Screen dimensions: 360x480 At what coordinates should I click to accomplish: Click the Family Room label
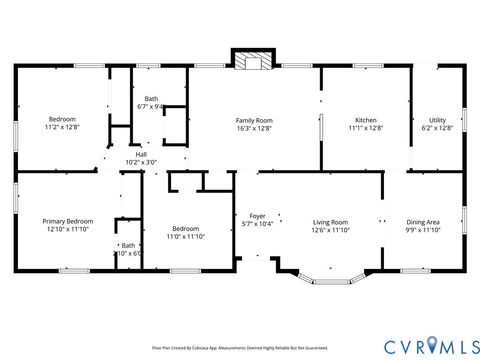tap(254, 120)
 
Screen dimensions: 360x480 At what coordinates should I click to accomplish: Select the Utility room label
tap(437, 120)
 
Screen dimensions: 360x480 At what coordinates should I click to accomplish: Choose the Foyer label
tap(257, 215)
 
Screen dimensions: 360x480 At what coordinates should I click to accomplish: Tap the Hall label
tap(140, 154)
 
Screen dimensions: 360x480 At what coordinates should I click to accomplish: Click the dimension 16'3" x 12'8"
tap(254, 129)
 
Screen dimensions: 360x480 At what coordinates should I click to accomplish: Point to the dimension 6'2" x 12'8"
tap(437, 129)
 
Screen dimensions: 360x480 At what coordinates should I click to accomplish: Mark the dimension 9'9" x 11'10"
tap(423, 230)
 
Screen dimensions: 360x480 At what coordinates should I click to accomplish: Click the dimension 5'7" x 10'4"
tap(257, 224)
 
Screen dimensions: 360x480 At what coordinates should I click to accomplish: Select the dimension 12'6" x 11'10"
tap(330, 230)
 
